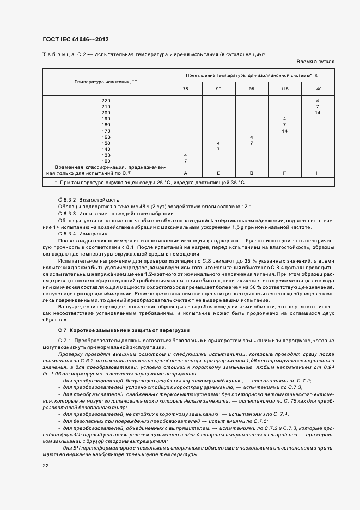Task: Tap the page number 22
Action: pyautogui.click(x=45, y=465)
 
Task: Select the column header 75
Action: pyautogui.click(x=186, y=89)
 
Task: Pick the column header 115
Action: pyautogui.click(x=284, y=89)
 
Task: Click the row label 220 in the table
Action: pyautogui.click(x=106, y=101)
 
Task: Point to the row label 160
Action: pyautogui.click(x=106, y=137)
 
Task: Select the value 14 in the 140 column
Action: pyautogui.click(x=318, y=113)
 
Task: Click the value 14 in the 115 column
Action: pyautogui.click(x=284, y=131)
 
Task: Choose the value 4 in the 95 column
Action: pyautogui.click(x=251, y=137)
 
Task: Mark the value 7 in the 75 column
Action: pyautogui.click(x=186, y=161)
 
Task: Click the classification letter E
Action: pyautogui.click(x=218, y=173)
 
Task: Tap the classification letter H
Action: pyautogui.click(x=318, y=173)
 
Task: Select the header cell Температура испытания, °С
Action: pyautogui.click(x=106, y=81)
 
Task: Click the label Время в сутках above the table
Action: pyautogui.click(x=315, y=62)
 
